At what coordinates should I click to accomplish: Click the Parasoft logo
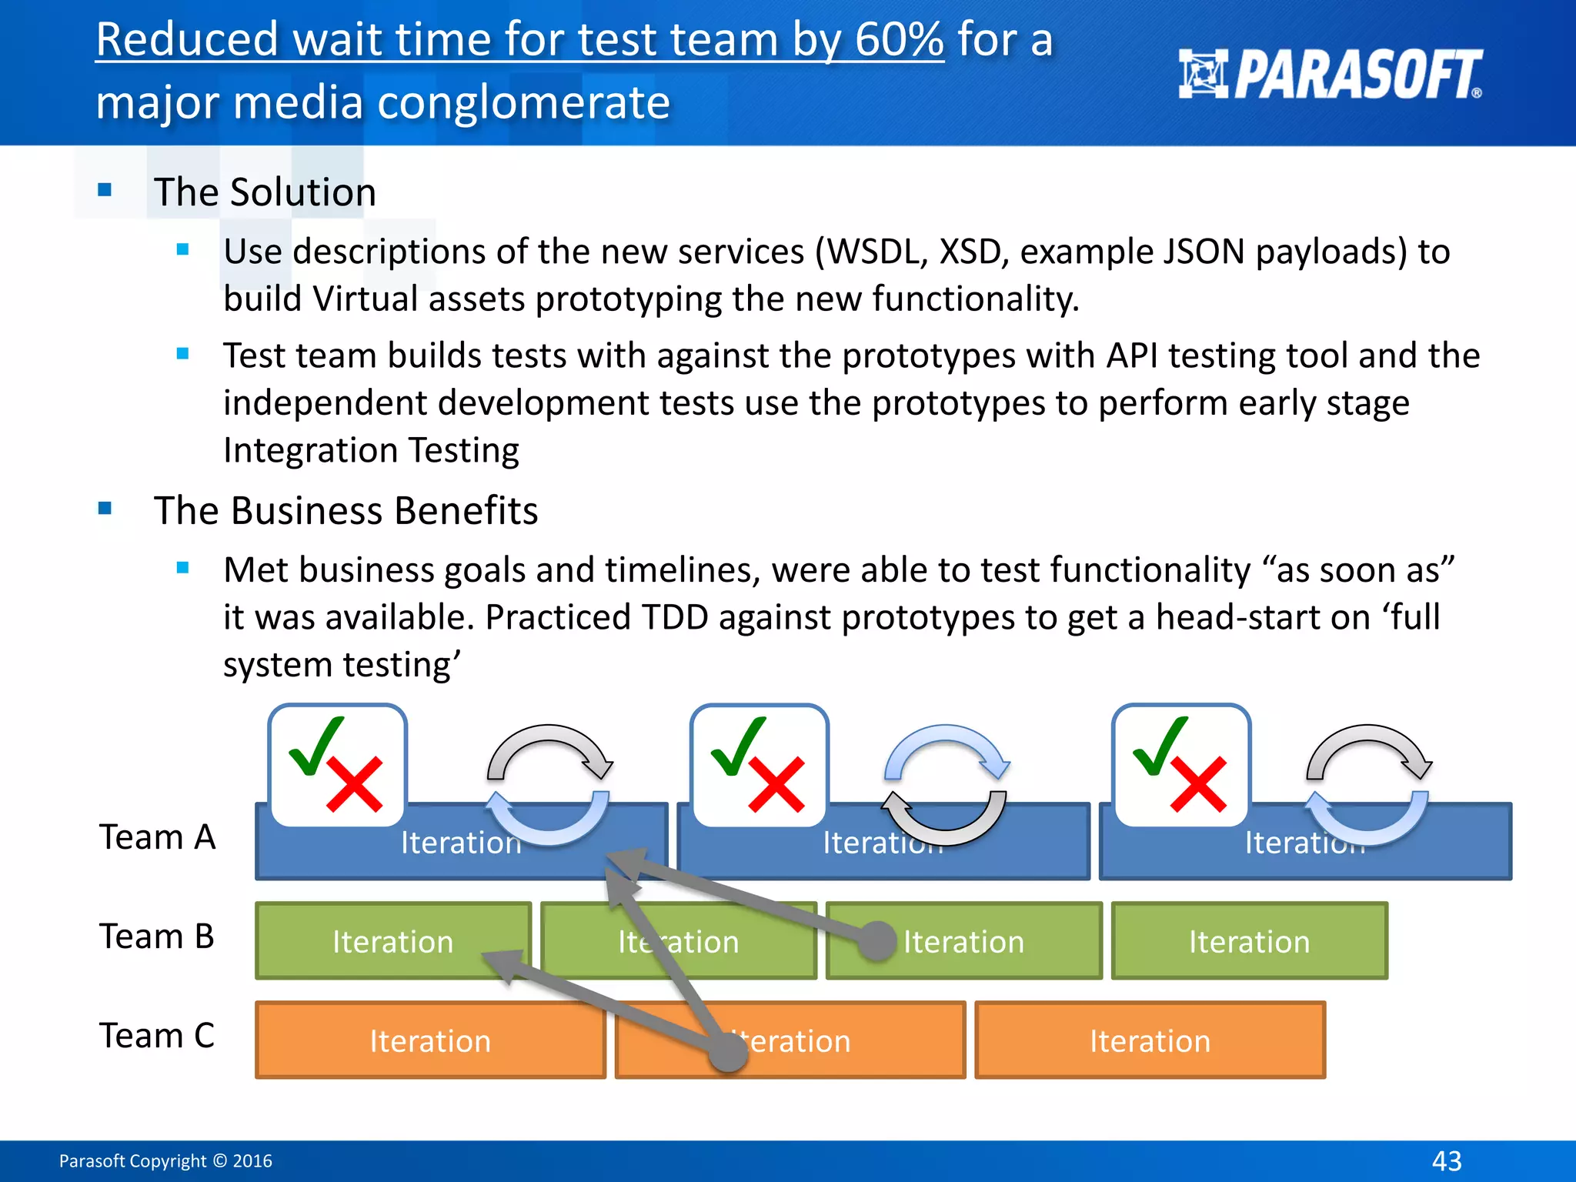pos(1330,74)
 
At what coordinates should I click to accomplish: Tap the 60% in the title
pos(899,40)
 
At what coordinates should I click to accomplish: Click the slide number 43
pos(1447,1160)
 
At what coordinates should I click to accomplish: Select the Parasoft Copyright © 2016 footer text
pos(165,1160)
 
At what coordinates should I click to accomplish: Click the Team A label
pos(157,837)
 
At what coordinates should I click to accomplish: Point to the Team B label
pos(157,937)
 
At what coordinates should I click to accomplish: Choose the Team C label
pos(157,1036)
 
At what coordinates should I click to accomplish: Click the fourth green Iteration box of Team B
pos(1249,941)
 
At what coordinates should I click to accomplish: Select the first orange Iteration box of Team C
pos(429,1040)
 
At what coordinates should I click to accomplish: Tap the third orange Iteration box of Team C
pos(1150,1040)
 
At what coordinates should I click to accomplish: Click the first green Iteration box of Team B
pos(392,941)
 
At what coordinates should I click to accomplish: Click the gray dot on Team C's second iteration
pos(727,1051)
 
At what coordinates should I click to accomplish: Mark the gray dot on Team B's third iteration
pos(876,941)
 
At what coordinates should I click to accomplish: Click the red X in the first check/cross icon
pos(355,784)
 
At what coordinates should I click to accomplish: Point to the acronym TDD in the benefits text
pos(675,617)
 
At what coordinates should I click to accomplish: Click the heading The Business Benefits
pos(346,511)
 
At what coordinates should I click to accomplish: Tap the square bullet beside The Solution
pos(105,189)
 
